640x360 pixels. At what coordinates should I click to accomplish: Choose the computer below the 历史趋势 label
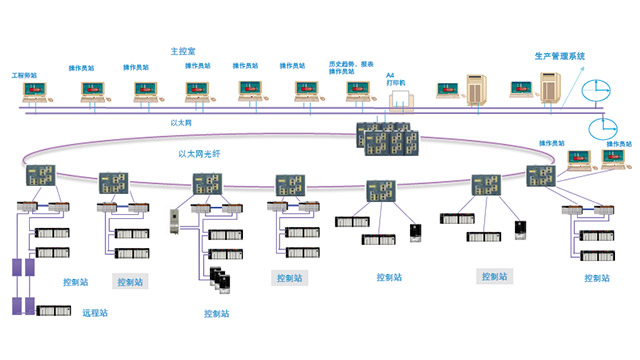click(358, 93)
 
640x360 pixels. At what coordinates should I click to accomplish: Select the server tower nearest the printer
click(477, 92)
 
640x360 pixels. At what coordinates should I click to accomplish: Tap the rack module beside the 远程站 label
click(51, 313)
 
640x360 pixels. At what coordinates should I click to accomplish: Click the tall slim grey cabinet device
click(173, 221)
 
